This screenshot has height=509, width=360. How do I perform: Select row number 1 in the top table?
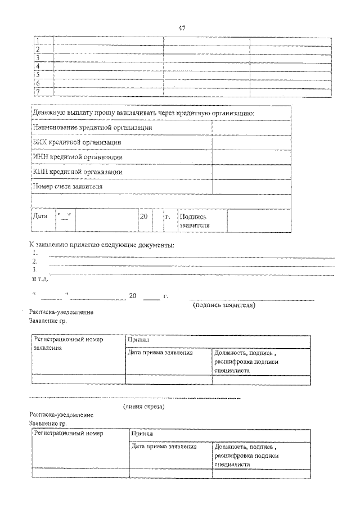(38, 40)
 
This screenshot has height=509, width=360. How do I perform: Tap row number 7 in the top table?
(38, 91)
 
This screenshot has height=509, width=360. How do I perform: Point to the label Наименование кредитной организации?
(92, 128)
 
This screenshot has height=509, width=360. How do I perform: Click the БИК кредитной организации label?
(77, 142)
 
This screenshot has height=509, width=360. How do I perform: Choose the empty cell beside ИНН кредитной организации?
(251, 157)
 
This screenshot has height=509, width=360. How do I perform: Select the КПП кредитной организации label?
(78, 172)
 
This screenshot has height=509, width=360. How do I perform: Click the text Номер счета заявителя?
(68, 186)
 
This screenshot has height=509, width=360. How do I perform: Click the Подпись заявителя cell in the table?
(193, 220)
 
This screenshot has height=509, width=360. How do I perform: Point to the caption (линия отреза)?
(144, 407)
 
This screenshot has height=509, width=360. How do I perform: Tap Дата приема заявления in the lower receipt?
(164, 447)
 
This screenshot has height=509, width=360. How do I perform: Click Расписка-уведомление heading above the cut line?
(61, 312)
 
